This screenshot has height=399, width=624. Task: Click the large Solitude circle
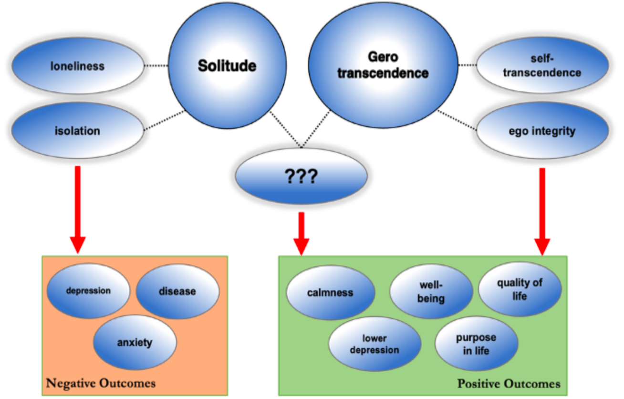(x=227, y=66)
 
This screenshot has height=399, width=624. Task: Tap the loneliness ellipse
(x=77, y=66)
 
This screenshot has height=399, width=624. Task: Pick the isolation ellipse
(x=77, y=130)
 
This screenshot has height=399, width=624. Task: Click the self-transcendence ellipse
(x=542, y=66)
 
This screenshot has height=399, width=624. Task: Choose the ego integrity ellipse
(x=542, y=131)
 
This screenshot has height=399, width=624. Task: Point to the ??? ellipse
(x=301, y=177)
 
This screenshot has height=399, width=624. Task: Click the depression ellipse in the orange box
(x=89, y=291)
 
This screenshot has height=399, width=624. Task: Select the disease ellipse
(x=177, y=291)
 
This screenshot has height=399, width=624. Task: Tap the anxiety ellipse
(x=135, y=342)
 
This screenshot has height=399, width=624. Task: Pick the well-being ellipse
(x=431, y=292)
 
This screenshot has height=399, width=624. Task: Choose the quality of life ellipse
(x=520, y=289)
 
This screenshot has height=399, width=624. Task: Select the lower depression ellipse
(x=375, y=344)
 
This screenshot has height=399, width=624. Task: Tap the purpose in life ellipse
(x=476, y=344)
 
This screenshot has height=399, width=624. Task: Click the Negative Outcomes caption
(x=101, y=383)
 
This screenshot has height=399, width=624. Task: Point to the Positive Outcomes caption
(x=509, y=384)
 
